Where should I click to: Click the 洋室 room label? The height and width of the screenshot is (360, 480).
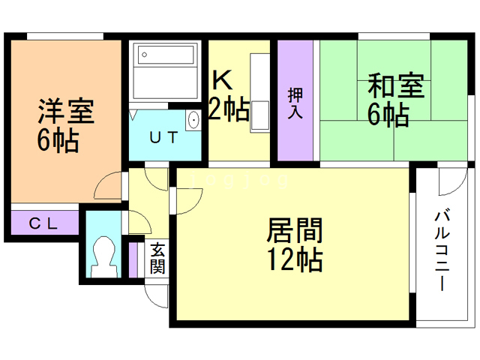pos(66,112)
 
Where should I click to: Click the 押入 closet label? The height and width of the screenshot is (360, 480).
pos(295,103)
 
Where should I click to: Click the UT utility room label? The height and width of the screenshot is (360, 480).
pos(164,137)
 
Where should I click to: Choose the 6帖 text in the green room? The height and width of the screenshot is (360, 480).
pos(388,115)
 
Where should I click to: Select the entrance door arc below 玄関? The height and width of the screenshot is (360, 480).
pos(156,292)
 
